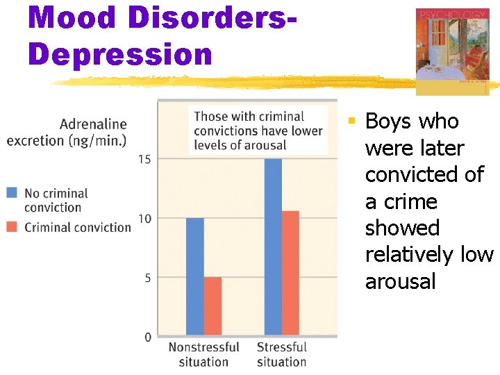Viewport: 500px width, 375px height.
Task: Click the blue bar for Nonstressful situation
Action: tap(195, 277)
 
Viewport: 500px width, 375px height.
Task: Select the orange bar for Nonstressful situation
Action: tap(212, 306)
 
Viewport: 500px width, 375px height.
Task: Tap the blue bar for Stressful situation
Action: tap(273, 247)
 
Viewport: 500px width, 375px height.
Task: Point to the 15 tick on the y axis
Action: tap(144, 159)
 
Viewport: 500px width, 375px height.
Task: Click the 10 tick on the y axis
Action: tap(144, 219)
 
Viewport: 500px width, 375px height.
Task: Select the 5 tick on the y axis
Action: tap(147, 278)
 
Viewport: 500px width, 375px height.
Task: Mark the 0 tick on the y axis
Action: tap(147, 337)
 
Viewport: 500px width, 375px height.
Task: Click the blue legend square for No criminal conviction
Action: tap(12, 193)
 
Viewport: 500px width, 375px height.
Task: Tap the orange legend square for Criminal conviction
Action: tap(12, 227)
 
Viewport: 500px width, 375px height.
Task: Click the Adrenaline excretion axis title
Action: tap(67, 132)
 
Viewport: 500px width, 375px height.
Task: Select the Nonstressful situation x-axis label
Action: tap(203, 354)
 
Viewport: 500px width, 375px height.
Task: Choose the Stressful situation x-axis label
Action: tap(281, 354)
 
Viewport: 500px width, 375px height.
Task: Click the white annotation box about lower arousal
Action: tap(258, 131)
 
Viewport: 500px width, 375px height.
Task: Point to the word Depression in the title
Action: tap(120, 54)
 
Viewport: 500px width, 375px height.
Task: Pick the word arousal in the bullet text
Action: tap(400, 282)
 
